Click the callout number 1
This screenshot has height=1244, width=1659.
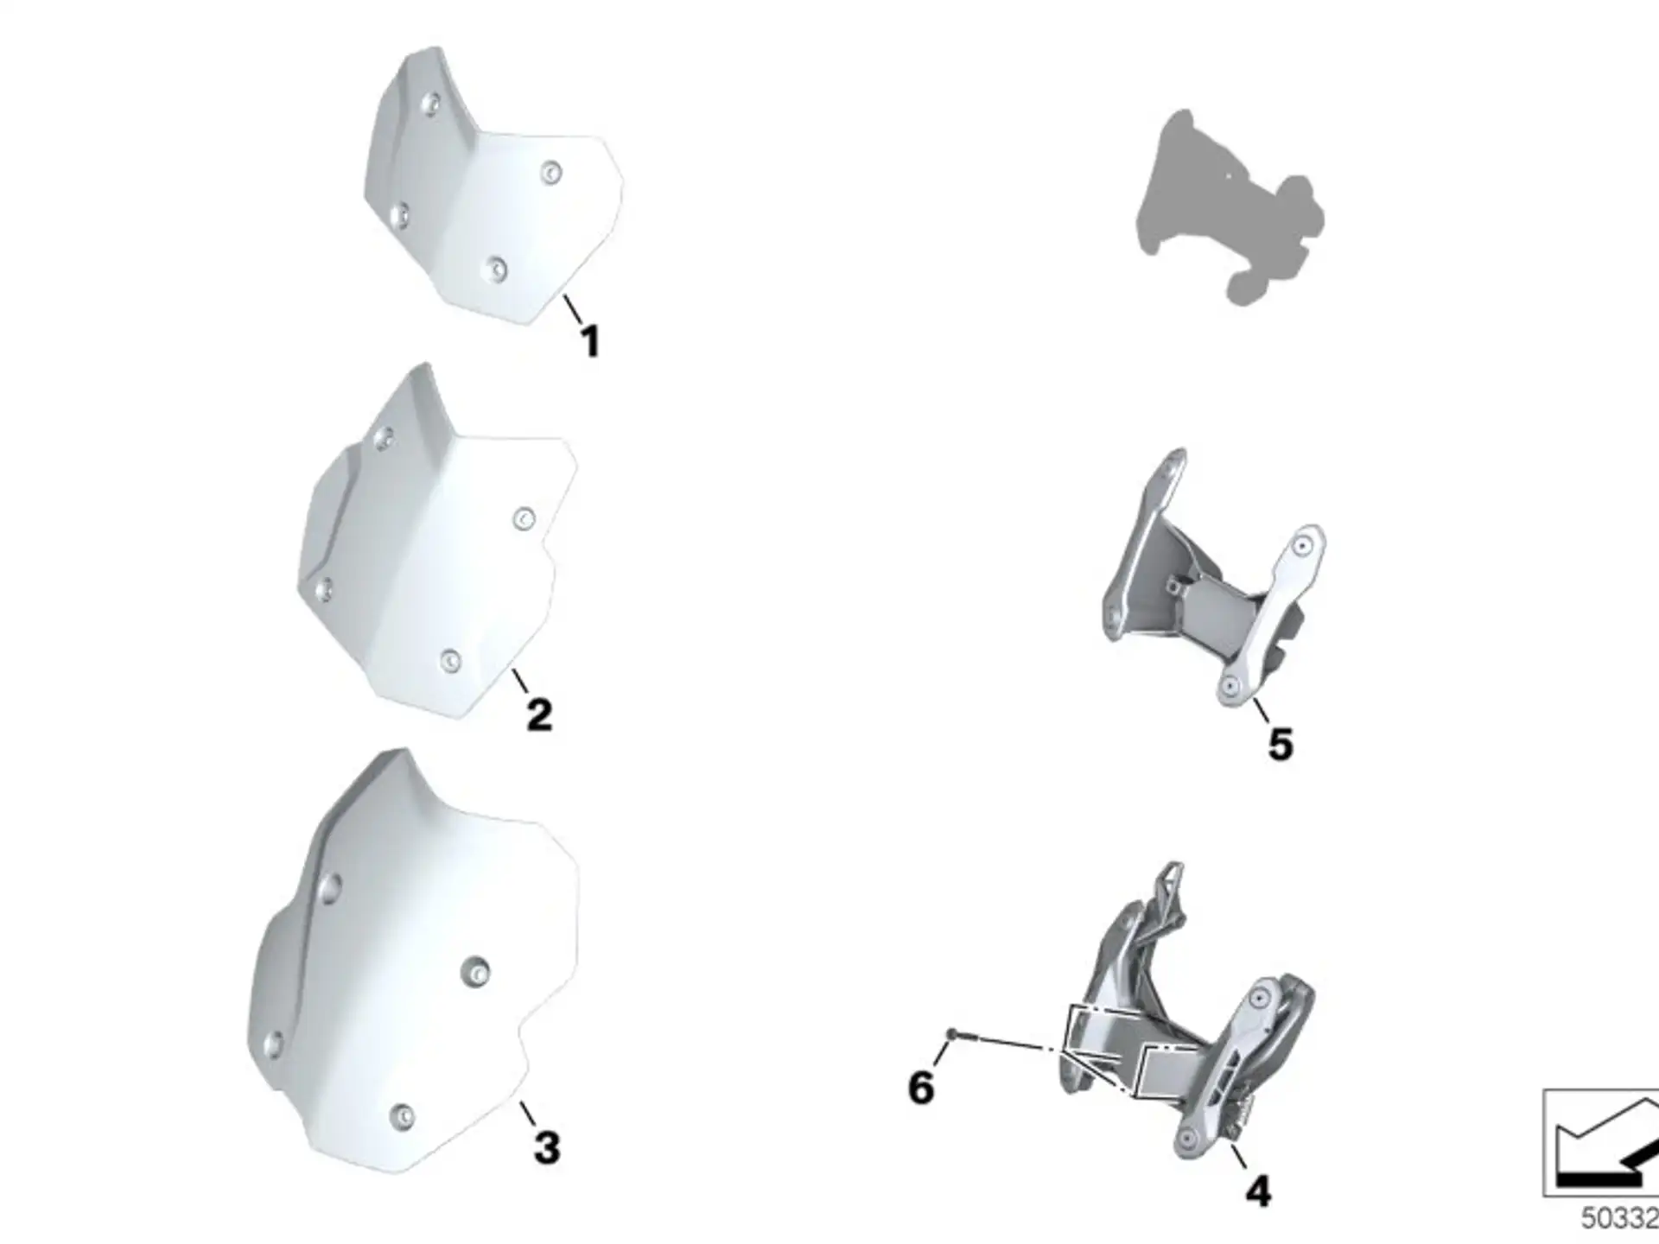pos(590,341)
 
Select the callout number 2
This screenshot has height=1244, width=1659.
pos(539,715)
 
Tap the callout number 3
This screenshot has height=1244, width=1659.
pos(547,1147)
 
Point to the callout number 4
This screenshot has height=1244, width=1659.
pos(1258,1191)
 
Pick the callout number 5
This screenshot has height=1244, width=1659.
pos(1281,745)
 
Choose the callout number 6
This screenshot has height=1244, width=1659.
pos(921,1087)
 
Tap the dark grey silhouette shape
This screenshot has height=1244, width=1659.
pos(1230,207)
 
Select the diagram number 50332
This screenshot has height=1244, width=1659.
pos(1619,1218)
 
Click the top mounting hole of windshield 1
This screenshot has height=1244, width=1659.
pos(429,105)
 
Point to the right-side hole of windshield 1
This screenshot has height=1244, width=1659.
pos(550,174)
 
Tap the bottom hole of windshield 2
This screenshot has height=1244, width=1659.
pos(450,661)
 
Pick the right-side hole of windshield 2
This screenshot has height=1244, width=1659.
pos(524,518)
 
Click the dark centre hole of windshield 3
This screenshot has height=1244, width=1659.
pos(474,972)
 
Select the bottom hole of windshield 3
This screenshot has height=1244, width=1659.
pos(401,1116)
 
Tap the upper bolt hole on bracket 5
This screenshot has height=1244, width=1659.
pos(1302,546)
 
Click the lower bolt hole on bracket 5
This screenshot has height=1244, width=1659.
pos(1230,688)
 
